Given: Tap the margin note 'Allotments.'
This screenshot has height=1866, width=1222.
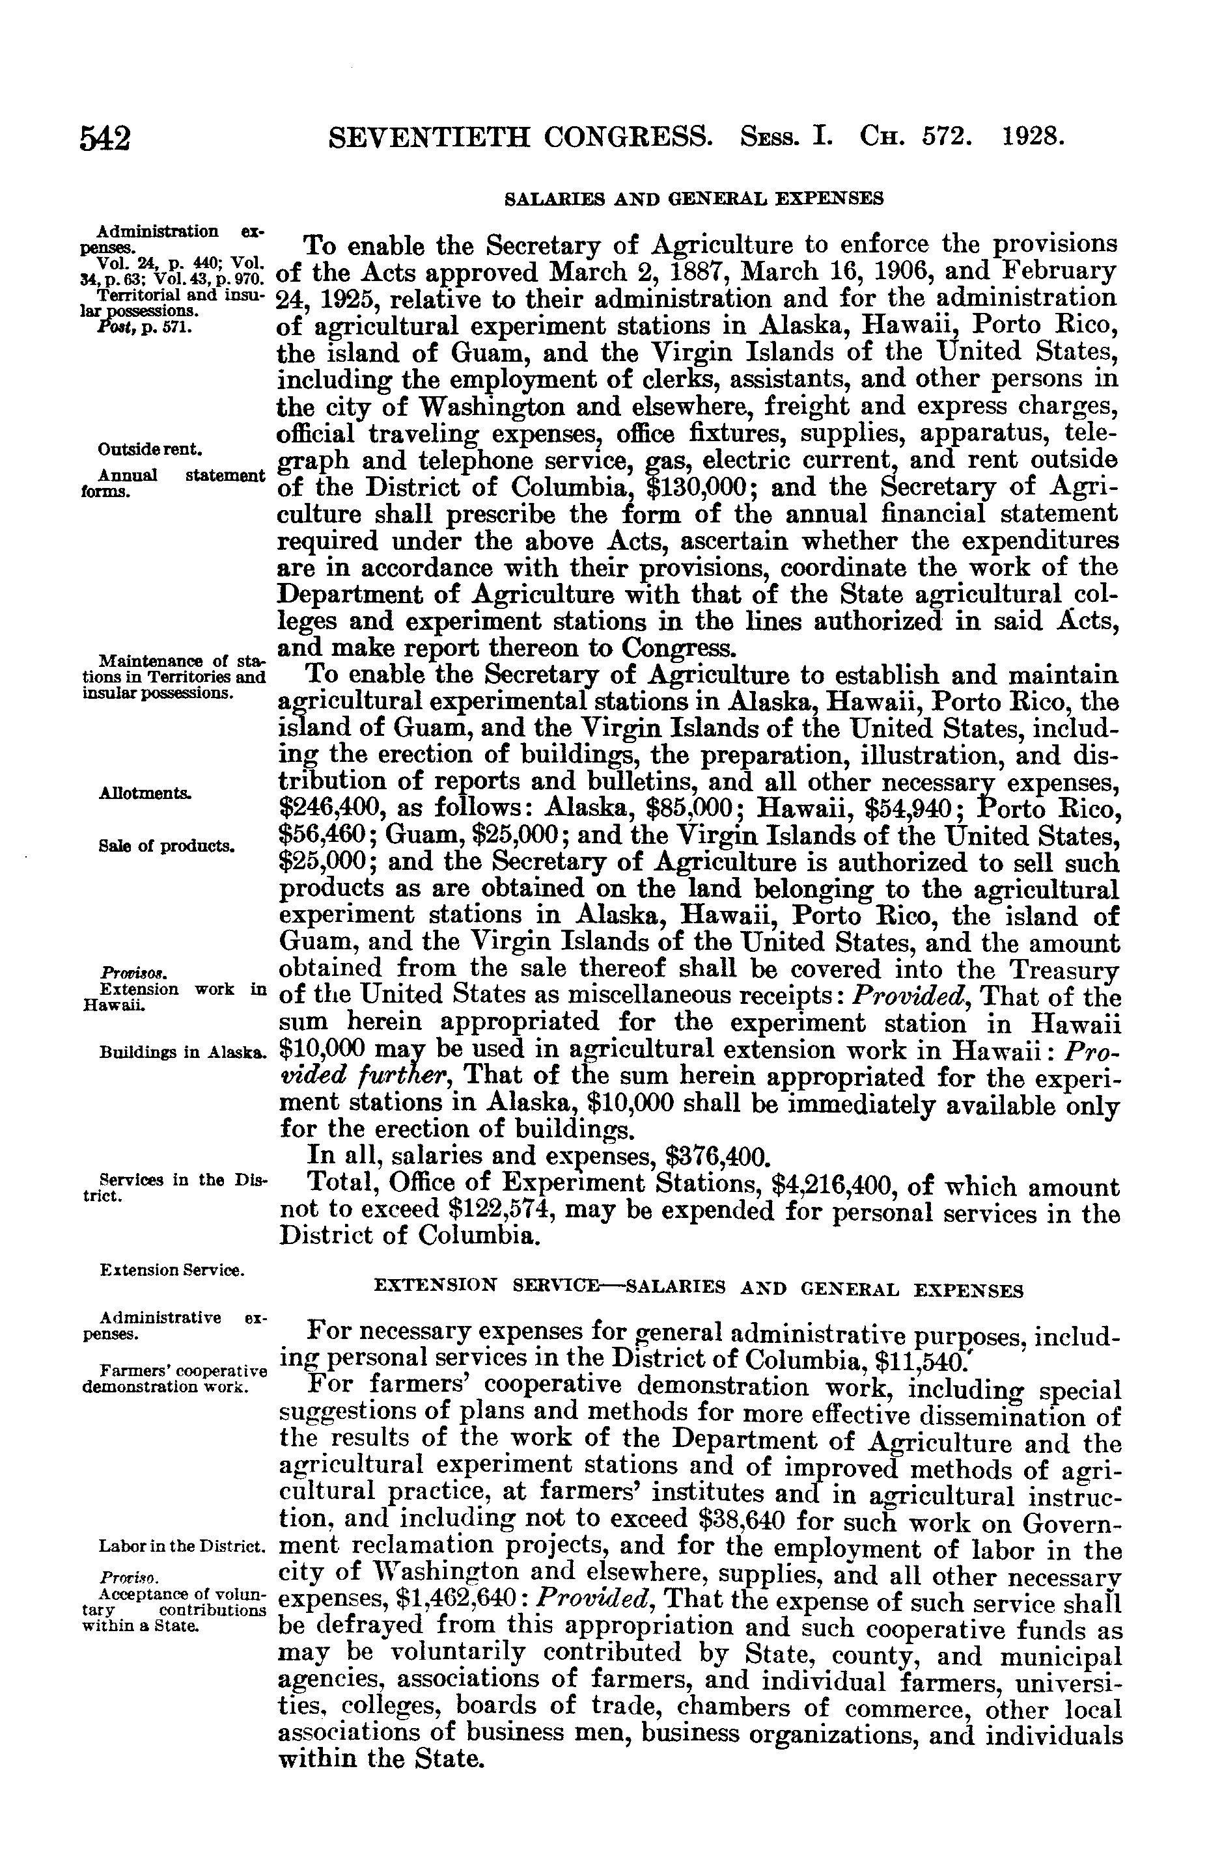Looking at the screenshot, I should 145,792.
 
